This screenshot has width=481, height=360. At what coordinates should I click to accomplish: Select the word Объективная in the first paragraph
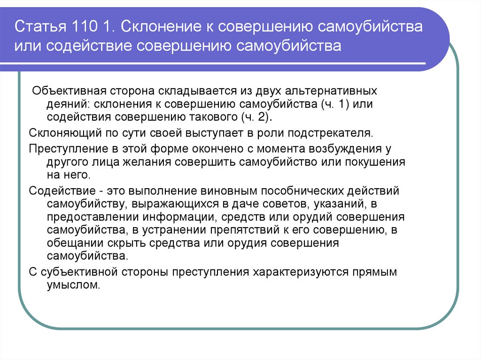66,90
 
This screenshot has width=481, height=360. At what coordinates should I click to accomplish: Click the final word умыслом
73,285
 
